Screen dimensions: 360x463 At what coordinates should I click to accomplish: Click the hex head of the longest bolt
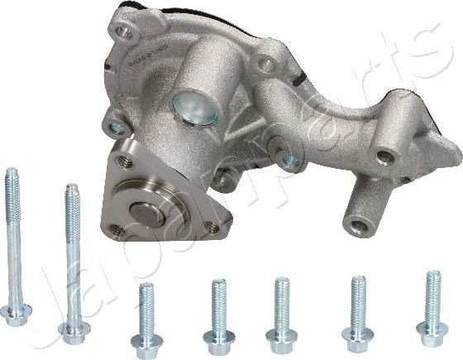pos(17,314)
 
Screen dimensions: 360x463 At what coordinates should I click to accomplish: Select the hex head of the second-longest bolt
pos(74,332)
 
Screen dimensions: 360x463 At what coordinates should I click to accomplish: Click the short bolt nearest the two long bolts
pos(147,341)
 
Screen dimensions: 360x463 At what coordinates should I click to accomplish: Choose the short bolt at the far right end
pos(432,331)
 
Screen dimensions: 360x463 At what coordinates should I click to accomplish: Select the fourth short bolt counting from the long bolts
pos(357,335)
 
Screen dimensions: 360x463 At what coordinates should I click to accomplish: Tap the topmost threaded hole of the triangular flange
pos(125,162)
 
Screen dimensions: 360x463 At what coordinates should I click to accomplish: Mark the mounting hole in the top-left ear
pos(123,32)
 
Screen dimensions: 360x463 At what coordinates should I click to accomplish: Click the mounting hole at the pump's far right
pos(384,156)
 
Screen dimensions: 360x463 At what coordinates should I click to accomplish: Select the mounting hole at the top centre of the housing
pos(266,63)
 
